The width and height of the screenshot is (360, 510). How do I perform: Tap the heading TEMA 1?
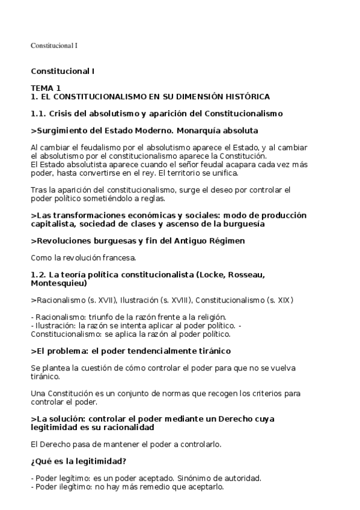click(x=46, y=88)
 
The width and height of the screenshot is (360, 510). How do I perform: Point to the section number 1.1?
click(x=38, y=113)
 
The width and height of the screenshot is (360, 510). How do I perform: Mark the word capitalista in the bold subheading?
click(x=53, y=224)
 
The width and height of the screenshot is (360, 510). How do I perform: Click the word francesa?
click(x=120, y=258)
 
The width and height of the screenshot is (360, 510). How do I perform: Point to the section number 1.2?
click(x=38, y=275)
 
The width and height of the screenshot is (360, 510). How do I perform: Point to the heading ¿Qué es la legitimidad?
click(x=79, y=461)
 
